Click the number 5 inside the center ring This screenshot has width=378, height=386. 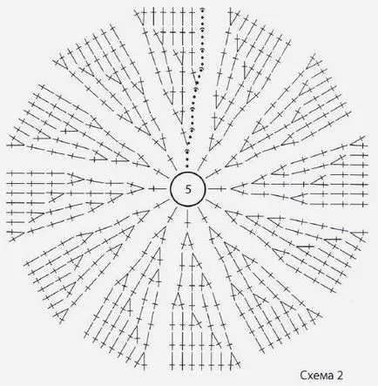click(188, 189)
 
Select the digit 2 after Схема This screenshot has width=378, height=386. click(340, 375)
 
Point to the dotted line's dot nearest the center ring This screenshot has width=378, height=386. click(187, 166)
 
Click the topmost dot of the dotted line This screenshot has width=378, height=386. click(202, 10)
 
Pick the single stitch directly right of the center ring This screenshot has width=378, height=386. click(217, 189)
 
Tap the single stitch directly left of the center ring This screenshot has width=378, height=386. click(157, 189)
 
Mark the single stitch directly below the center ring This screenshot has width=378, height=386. click(187, 220)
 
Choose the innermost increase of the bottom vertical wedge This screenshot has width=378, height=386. click(187, 241)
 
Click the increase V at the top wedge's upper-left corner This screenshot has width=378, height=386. click(140, 17)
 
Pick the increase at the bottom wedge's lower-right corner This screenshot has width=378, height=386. click(234, 361)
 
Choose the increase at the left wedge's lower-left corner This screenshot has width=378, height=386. click(15, 235)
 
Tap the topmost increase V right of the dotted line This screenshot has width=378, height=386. click(233, 17)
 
